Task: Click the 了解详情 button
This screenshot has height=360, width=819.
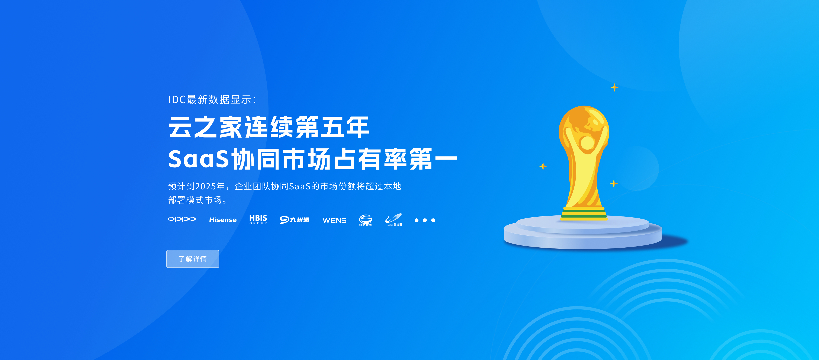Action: click(x=193, y=259)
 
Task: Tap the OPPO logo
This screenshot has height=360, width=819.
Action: click(x=182, y=219)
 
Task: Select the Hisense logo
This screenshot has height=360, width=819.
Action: click(x=223, y=220)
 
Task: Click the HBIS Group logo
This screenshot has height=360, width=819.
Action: click(x=258, y=219)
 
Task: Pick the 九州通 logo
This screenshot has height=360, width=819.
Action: click(x=294, y=220)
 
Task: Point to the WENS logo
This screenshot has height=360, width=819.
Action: click(x=334, y=220)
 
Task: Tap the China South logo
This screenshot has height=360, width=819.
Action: click(x=366, y=220)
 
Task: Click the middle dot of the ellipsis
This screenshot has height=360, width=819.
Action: click(x=425, y=220)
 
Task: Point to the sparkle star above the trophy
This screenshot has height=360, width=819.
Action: click(x=614, y=87)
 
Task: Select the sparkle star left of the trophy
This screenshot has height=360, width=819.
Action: click(x=543, y=166)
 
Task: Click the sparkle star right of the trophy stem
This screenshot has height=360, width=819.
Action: click(x=614, y=183)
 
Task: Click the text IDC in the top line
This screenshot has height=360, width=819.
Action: click(x=177, y=100)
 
